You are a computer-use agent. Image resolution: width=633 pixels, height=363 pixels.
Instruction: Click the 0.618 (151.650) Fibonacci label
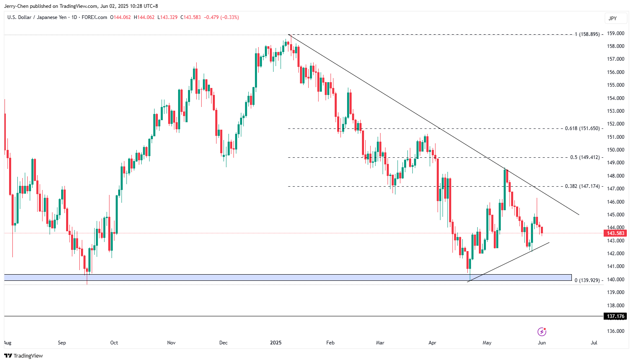point(582,128)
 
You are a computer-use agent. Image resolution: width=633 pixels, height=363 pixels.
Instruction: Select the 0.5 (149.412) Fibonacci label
point(585,157)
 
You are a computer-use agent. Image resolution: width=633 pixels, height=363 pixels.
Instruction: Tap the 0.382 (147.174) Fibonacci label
point(582,186)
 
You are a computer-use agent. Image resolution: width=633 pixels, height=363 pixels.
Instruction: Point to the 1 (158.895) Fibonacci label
point(587,34)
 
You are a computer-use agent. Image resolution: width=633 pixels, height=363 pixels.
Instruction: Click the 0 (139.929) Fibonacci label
point(587,280)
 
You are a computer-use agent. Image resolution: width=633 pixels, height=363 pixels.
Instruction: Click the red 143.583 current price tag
point(616,233)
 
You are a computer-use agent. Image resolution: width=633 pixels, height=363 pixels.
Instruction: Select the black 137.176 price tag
point(616,316)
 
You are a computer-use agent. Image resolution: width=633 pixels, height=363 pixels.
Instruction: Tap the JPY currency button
point(613,18)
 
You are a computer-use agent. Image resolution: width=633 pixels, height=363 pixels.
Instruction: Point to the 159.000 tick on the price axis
point(616,33)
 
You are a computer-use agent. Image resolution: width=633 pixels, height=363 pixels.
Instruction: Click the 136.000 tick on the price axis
point(616,331)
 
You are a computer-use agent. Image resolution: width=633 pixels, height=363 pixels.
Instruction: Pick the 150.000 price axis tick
point(616,150)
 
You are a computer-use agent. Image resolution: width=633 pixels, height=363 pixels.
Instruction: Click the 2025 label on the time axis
point(276,343)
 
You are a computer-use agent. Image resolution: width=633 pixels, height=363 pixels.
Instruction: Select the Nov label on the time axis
point(171,343)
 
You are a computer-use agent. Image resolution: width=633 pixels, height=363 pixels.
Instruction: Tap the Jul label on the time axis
point(594,343)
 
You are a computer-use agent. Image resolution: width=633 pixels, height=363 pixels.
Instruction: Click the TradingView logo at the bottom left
point(24,356)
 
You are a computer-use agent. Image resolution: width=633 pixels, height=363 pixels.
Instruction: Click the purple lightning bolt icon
point(542,332)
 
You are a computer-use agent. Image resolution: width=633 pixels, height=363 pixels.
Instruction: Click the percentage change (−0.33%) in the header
point(230,17)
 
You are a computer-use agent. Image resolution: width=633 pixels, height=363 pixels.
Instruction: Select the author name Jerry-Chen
point(16,6)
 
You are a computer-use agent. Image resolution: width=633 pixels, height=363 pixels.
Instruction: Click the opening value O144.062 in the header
point(120,17)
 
